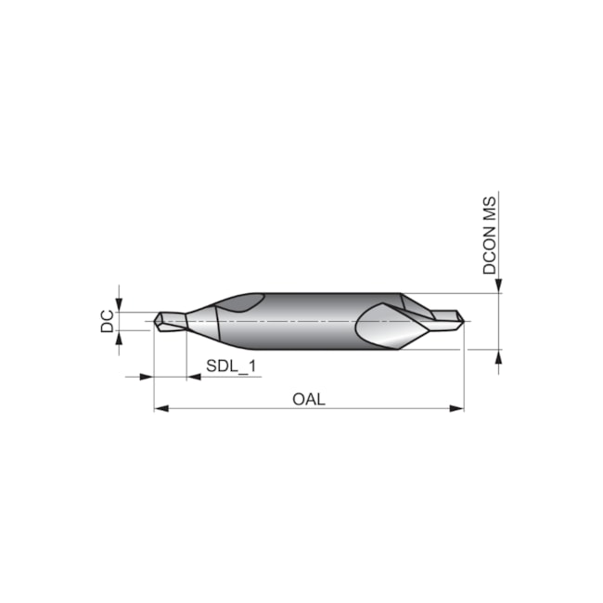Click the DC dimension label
coord(108,321)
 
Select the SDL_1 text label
coord(231,366)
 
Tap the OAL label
coord(309,399)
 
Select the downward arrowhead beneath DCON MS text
coord(498,285)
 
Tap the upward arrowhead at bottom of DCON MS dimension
coord(498,357)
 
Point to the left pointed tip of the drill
coord(156,321)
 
